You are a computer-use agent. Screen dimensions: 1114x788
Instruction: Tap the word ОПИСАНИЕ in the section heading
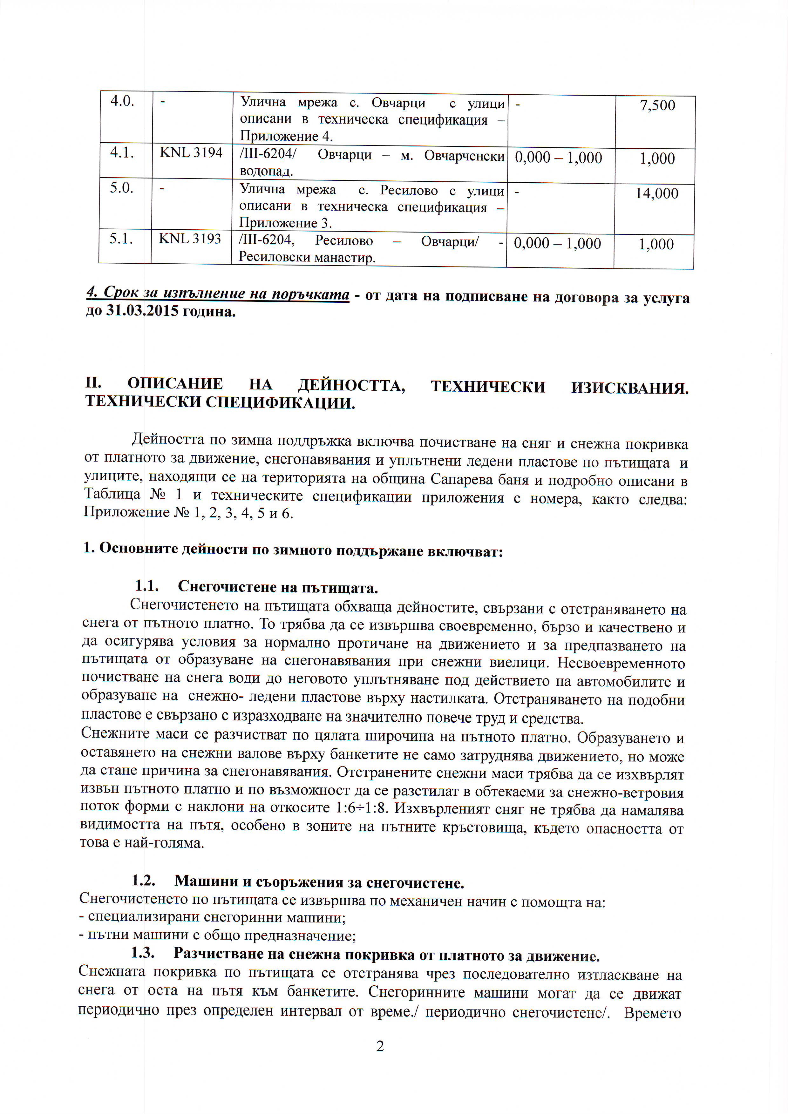pyautogui.click(x=175, y=384)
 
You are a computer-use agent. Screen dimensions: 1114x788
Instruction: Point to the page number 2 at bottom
pyautogui.click(x=380, y=1046)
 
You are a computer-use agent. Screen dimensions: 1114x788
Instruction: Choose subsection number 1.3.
pyautogui.click(x=143, y=952)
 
